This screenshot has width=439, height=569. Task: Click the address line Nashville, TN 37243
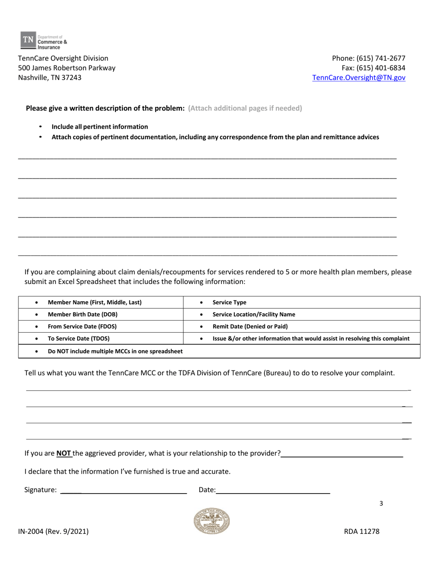pos(49,78)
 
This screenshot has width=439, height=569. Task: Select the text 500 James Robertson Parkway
pos(67,68)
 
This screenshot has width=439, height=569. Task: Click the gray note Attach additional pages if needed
pos(245,108)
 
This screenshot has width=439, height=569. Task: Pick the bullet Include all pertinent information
pos(100,127)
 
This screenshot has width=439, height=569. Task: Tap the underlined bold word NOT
pos(64,453)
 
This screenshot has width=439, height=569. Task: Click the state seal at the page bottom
pos(212,521)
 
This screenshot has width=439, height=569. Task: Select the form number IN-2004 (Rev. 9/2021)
pos(53,532)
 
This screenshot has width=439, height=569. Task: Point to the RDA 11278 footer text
pos(362,532)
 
